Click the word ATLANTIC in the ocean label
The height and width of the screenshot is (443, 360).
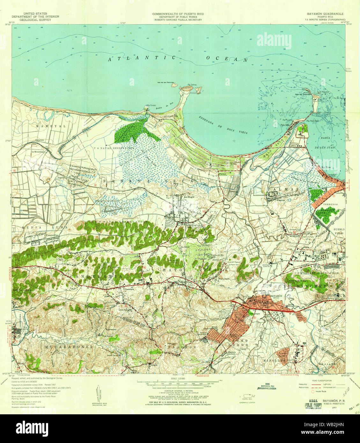[x=142, y=58]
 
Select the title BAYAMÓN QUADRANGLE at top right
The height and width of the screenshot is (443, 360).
[x=325, y=14]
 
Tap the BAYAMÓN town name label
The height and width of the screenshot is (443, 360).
[x=276, y=296]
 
